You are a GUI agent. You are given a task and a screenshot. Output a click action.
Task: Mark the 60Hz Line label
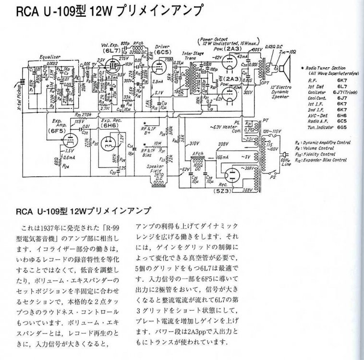point(286,162)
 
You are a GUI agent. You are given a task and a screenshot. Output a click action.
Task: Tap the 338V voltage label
point(222,144)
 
